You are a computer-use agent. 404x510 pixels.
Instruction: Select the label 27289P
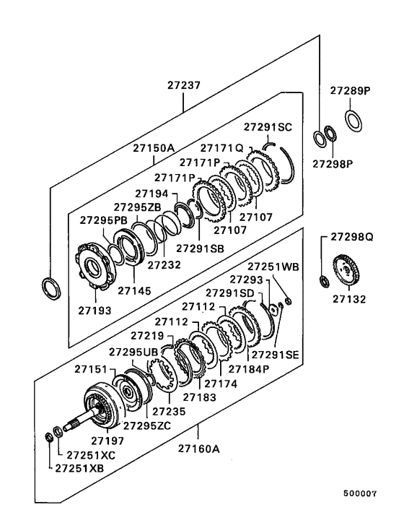click(350, 91)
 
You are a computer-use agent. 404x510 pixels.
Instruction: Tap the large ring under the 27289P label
click(353, 119)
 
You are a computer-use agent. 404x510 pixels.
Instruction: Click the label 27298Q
click(350, 236)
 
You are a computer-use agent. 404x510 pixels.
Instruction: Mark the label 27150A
click(153, 148)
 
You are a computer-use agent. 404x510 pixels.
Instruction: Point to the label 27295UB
click(133, 351)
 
